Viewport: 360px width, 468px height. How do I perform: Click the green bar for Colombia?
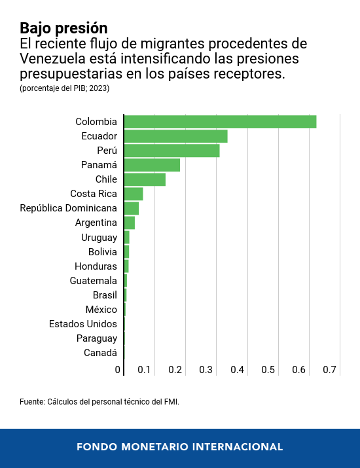click(220, 122)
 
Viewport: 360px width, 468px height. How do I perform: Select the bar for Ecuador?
click(175, 136)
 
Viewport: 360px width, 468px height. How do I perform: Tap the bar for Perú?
click(171, 151)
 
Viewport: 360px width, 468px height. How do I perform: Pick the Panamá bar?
click(152, 165)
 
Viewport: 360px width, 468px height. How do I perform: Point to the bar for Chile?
click(145, 179)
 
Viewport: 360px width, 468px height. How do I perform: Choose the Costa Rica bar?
click(134, 194)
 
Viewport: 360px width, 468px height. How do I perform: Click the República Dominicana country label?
click(69, 208)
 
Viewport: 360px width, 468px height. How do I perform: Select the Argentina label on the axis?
click(96, 223)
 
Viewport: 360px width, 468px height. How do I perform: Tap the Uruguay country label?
click(99, 238)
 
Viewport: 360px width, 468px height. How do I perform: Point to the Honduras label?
click(96, 266)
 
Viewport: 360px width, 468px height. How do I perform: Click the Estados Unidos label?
click(83, 324)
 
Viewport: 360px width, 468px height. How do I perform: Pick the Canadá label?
click(101, 353)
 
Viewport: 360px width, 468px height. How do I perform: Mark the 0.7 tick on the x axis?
click(330, 370)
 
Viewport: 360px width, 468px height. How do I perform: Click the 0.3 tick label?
click(206, 370)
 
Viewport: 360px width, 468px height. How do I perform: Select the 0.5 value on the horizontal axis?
click(268, 370)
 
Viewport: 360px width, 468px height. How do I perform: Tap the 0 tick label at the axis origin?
click(118, 370)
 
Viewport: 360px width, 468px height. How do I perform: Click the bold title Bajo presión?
click(63, 28)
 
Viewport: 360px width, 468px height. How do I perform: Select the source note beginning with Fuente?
click(99, 401)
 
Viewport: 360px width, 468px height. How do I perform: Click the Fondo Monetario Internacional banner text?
click(180, 447)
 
